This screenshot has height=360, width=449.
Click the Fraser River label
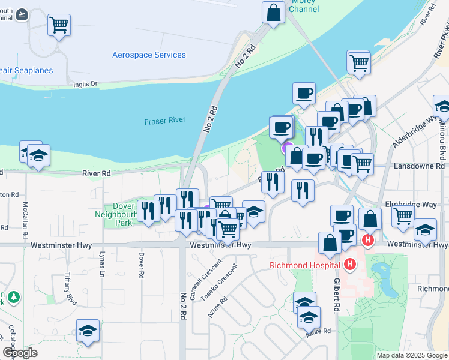click(164, 121)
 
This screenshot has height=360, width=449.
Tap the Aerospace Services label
click(149, 55)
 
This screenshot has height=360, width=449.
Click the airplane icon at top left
click(22, 14)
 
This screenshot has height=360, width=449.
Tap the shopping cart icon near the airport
click(59, 25)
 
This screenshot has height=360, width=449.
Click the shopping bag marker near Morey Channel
click(273, 12)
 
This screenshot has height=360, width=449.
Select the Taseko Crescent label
click(218, 281)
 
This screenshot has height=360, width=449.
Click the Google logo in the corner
click(19, 353)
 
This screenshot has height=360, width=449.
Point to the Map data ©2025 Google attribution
click(411, 355)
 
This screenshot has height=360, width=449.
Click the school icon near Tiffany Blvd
click(88, 331)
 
